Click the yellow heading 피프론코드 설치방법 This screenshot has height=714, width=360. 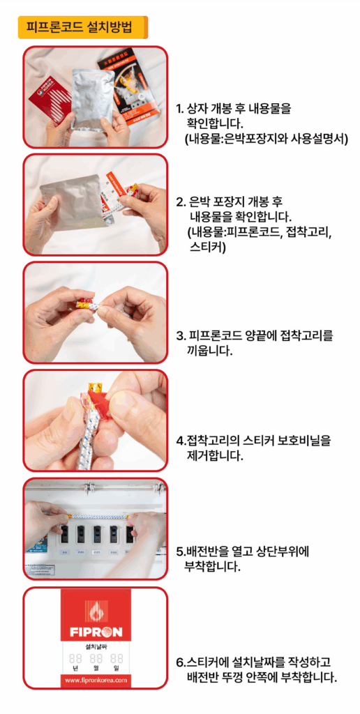coord(82,27)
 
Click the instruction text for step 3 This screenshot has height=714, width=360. coord(255,343)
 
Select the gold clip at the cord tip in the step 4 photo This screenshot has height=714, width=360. coord(95,388)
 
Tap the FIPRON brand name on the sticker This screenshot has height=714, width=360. coord(96,632)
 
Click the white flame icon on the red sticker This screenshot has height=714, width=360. coord(96,611)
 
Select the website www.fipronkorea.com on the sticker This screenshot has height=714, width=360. coord(96,681)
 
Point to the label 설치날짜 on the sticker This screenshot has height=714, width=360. coord(96,646)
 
